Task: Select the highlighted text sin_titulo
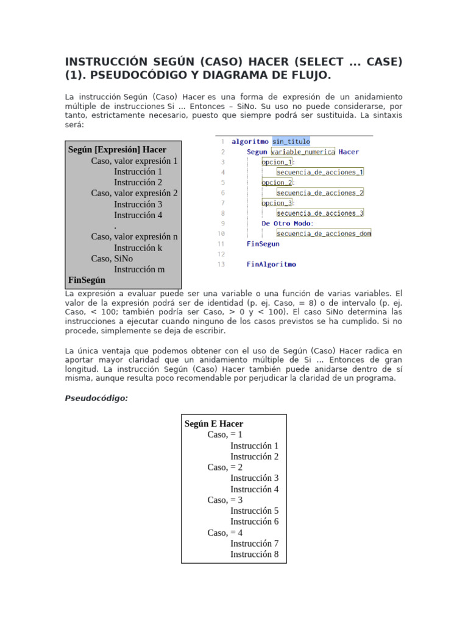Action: click(291, 141)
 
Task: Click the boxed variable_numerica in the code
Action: click(303, 152)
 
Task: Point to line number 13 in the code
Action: click(221, 264)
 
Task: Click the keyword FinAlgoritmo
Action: click(271, 264)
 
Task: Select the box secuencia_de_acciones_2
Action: click(320, 193)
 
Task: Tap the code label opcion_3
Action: click(277, 203)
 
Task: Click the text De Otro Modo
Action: click(287, 224)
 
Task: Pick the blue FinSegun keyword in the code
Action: click(263, 244)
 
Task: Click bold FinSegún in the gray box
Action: click(87, 280)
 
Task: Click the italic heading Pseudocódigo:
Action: click(96, 398)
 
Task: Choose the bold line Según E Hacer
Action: click(213, 424)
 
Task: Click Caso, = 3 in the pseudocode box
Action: click(225, 500)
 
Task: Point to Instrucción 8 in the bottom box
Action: click(254, 554)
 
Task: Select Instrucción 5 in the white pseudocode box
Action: click(254, 511)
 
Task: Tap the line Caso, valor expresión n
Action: click(135, 236)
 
